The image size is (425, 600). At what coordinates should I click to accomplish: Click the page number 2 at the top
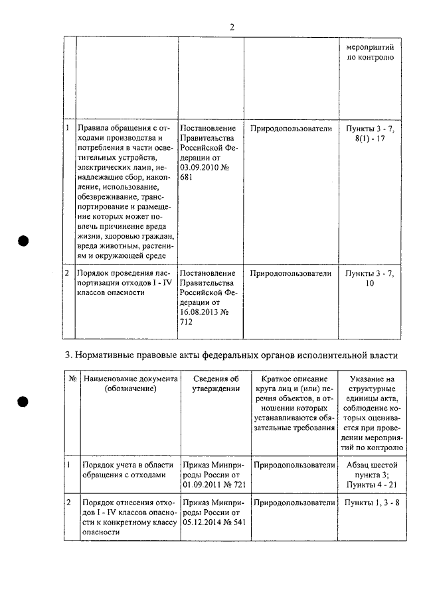(232, 27)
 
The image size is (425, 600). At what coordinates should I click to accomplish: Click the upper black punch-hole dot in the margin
(25, 241)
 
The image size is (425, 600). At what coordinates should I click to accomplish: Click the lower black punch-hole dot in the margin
(25, 402)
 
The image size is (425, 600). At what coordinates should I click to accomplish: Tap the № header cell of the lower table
(70, 378)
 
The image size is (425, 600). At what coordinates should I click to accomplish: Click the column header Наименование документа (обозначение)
(129, 383)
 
